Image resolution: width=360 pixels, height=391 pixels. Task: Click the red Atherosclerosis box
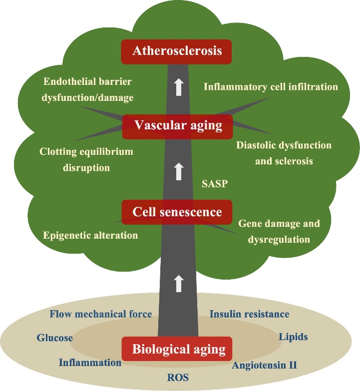tap(177, 51)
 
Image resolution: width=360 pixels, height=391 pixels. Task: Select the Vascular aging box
tap(177, 126)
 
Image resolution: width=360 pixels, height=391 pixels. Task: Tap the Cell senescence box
tap(177, 212)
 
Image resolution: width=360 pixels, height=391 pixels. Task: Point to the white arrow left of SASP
tap(178, 172)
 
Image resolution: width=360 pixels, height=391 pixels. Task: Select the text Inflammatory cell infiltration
tap(271, 87)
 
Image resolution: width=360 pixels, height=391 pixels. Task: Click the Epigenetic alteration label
tap(90, 235)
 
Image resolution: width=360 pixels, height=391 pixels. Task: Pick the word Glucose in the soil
tap(54, 338)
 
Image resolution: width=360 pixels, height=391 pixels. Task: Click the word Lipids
tap(293, 337)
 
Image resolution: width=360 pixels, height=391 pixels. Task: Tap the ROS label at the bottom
tap(178, 377)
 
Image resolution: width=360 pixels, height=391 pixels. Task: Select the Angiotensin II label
tap(264, 365)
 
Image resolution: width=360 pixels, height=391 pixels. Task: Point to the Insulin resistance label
tap(249, 314)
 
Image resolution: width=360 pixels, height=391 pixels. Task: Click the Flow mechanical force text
tap(100, 314)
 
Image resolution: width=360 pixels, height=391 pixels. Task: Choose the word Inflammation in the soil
tap(90, 363)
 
